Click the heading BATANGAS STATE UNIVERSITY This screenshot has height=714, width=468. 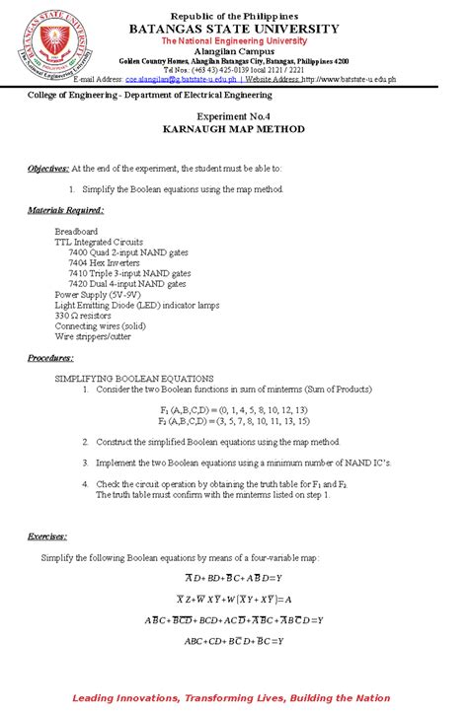click(234, 31)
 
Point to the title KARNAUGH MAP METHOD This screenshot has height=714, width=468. click(234, 129)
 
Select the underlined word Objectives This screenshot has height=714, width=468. click(48, 169)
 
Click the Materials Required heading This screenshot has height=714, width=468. click(65, 210)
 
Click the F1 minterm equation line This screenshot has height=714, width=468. click(234, 408)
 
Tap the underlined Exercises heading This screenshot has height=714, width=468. click(47, 536)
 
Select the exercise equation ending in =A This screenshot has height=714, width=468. click(234, 599)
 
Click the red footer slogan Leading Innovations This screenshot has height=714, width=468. click(234, 696)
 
